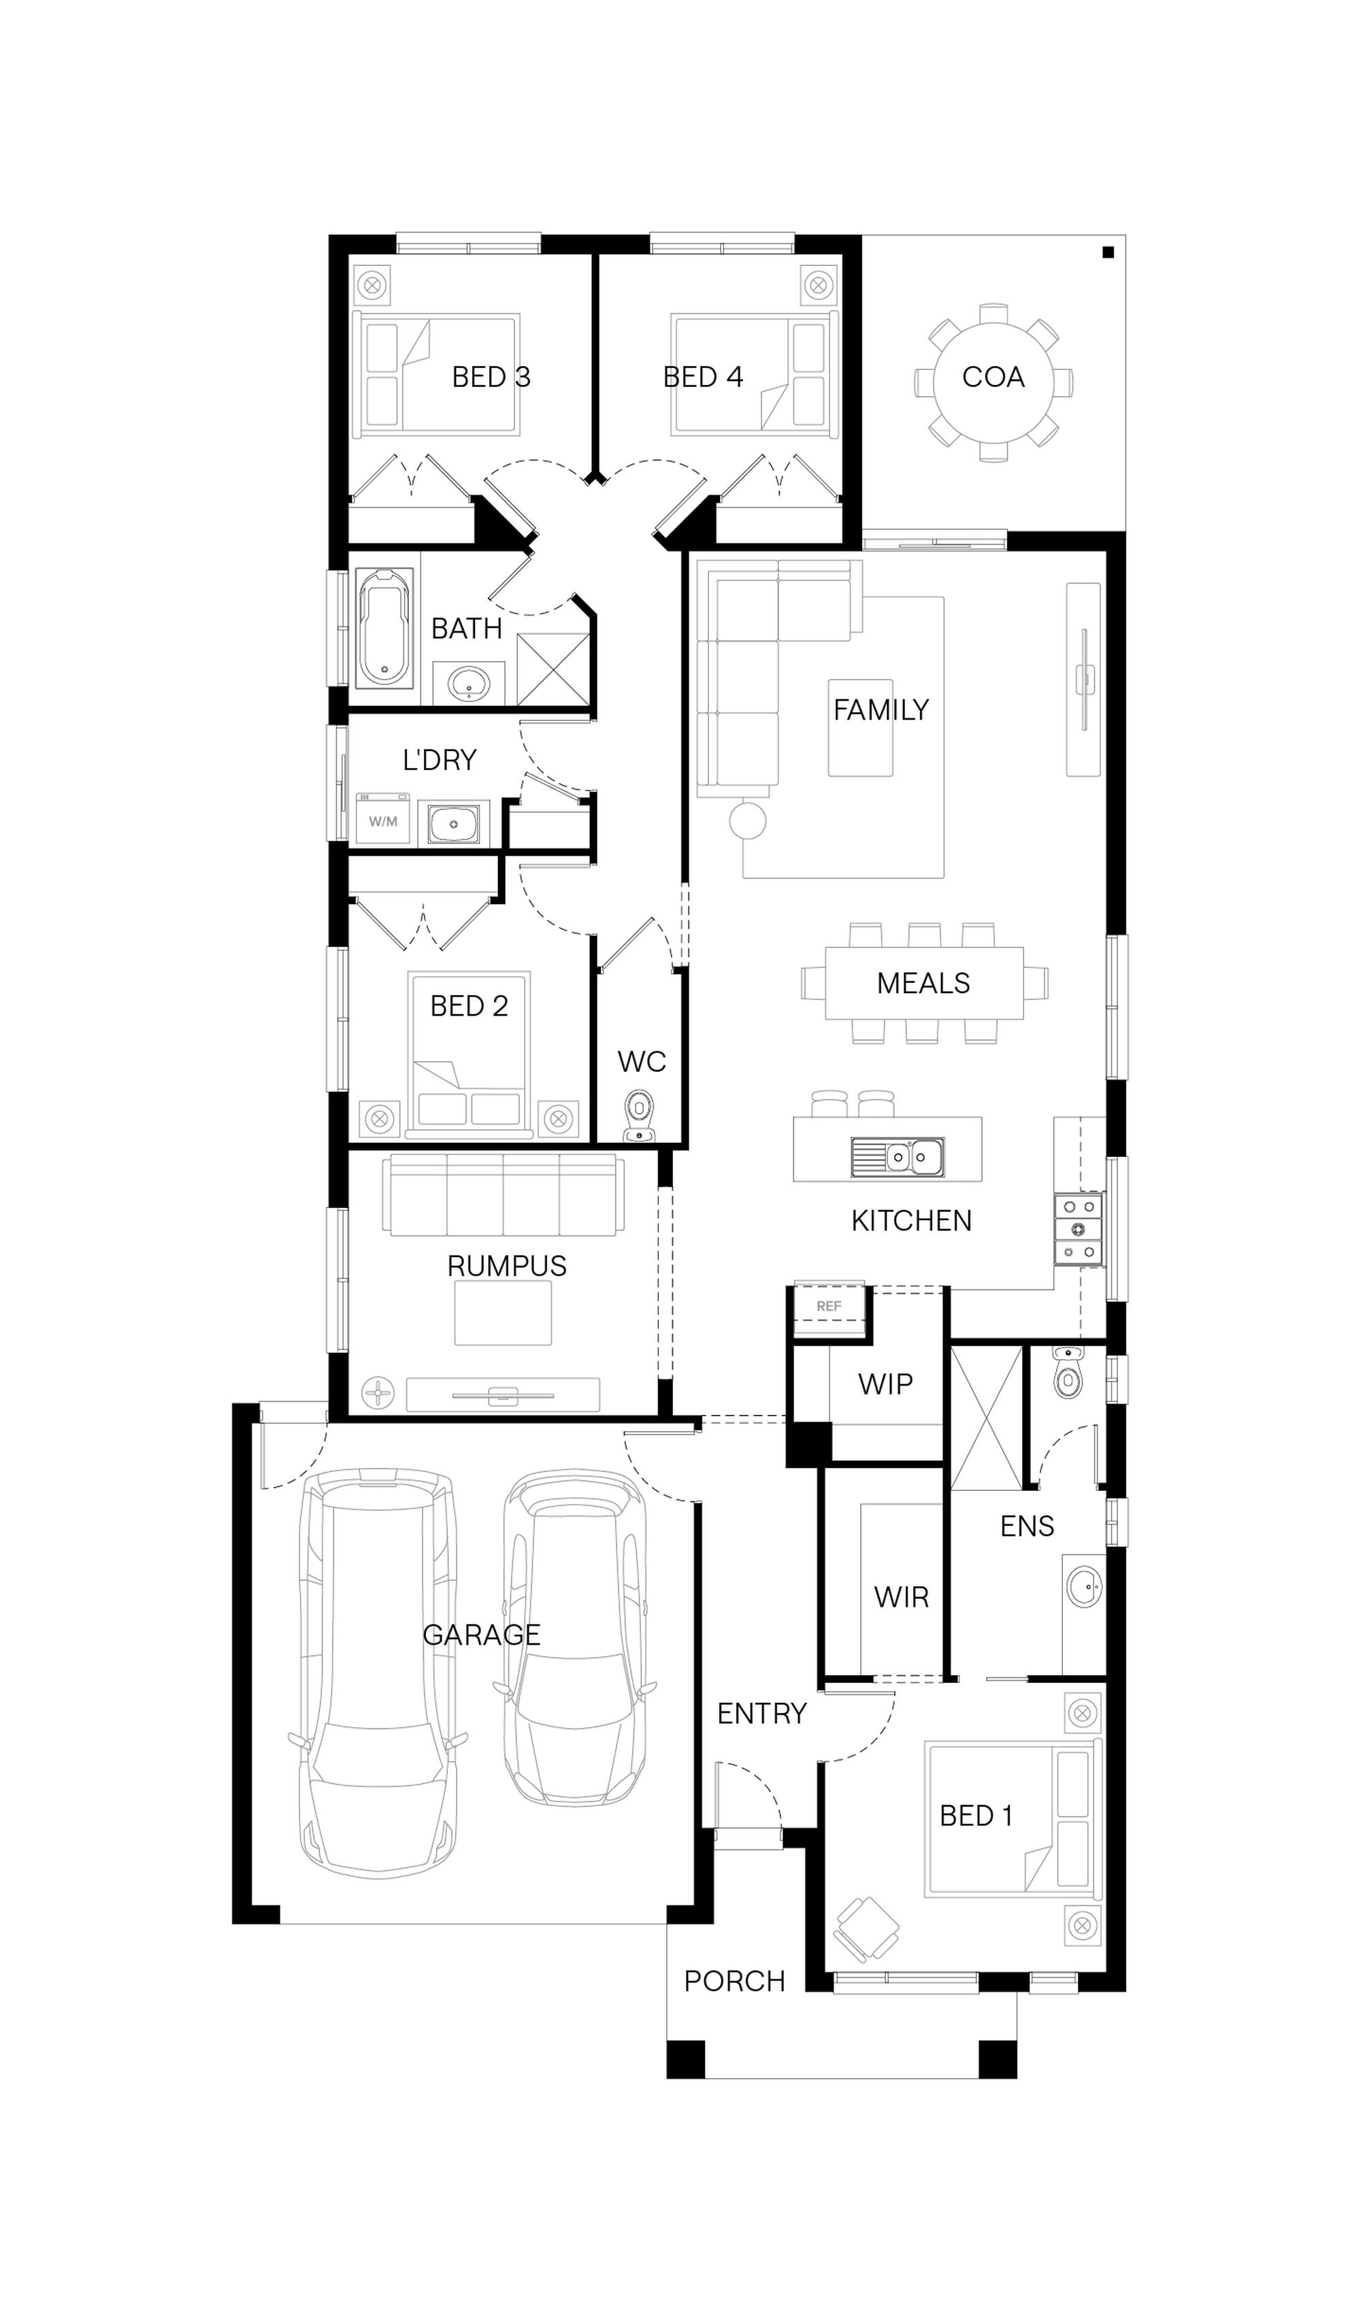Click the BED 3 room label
tap(491, 377)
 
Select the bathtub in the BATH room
tap(384, 628)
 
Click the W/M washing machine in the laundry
tap(382, 820)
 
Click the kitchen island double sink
tap(897, 1157)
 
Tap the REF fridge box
tap(829, 1305)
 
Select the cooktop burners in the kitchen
tap(1079, 1229)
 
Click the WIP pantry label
tap(885, 1384)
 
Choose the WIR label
tap(902, 1597)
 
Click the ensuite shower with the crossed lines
tap(986, 1417)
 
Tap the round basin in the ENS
tap(1086, 1588)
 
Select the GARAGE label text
tap(482, 1635)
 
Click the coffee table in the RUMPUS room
tap(503, 1313)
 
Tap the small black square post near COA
tap(1108, 252)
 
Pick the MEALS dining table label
tap(923, 983)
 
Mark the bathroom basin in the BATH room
tap(470, 682)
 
